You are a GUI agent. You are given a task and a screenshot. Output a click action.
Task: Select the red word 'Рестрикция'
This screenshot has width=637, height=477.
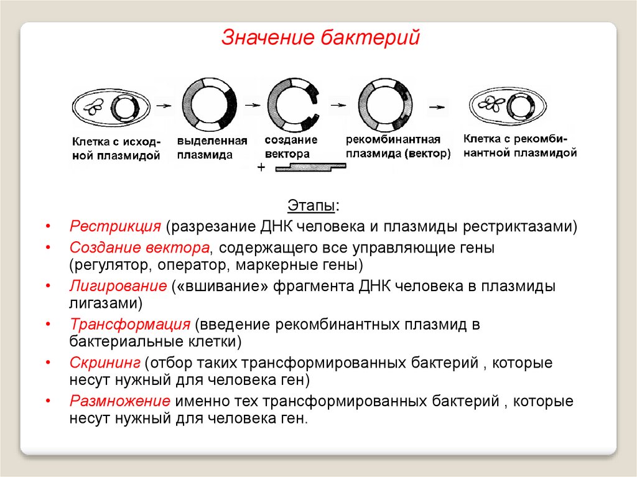tap(116, 226)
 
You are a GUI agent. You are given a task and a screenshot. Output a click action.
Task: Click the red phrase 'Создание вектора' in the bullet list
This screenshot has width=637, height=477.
tap(139, 248)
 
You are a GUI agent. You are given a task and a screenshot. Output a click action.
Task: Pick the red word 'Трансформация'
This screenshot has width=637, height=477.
tap(129, 325)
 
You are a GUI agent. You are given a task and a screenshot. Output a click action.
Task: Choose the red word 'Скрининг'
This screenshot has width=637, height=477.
tap(105, 363)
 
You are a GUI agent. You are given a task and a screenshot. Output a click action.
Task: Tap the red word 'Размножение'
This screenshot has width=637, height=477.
tap(121, 401)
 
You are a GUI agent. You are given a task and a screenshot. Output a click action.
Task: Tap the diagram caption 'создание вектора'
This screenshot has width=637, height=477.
tap(291, 147)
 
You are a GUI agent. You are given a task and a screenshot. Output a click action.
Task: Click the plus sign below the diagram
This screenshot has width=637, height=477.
tap(261, 169)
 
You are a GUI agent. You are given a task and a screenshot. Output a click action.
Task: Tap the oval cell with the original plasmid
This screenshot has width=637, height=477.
tap(111, 107)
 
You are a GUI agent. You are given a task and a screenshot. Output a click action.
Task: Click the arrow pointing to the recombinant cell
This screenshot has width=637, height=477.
tap(439, 106)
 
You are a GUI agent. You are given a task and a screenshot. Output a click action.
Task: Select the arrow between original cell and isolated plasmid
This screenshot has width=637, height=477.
tap(163, 106)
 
